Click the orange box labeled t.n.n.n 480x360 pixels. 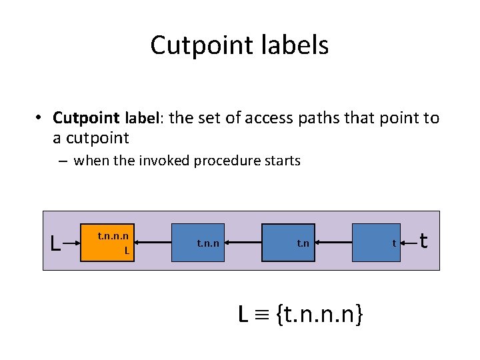(108, 243)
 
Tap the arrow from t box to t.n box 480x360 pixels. (337, 243)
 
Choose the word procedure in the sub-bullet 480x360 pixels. (229, 161)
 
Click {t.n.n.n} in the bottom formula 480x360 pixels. (321, 313)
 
